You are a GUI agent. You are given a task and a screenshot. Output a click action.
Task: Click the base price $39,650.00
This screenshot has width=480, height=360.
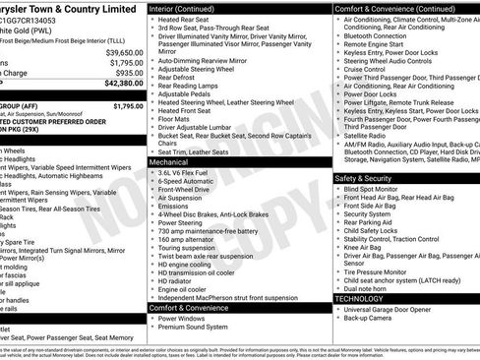coord(124,51)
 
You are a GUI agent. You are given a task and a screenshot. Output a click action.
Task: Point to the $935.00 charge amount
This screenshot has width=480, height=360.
coord(129,73)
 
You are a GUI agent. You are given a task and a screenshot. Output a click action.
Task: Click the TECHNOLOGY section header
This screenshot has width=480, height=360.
coord(359,298)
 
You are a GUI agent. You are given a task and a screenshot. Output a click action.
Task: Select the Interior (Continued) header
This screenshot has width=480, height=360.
coord(189,8)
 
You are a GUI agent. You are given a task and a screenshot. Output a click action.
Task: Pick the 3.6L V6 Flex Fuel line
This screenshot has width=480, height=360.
coord(190,172)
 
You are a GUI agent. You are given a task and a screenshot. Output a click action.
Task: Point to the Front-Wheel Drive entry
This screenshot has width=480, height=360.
coord(188,190)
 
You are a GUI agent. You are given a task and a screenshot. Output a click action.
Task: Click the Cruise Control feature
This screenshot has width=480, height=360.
coord(365,70)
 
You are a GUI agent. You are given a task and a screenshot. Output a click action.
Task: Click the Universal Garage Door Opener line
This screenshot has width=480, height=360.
coord(391,309)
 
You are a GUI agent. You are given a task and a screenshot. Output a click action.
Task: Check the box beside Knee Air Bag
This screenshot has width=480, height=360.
coord(339,247)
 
